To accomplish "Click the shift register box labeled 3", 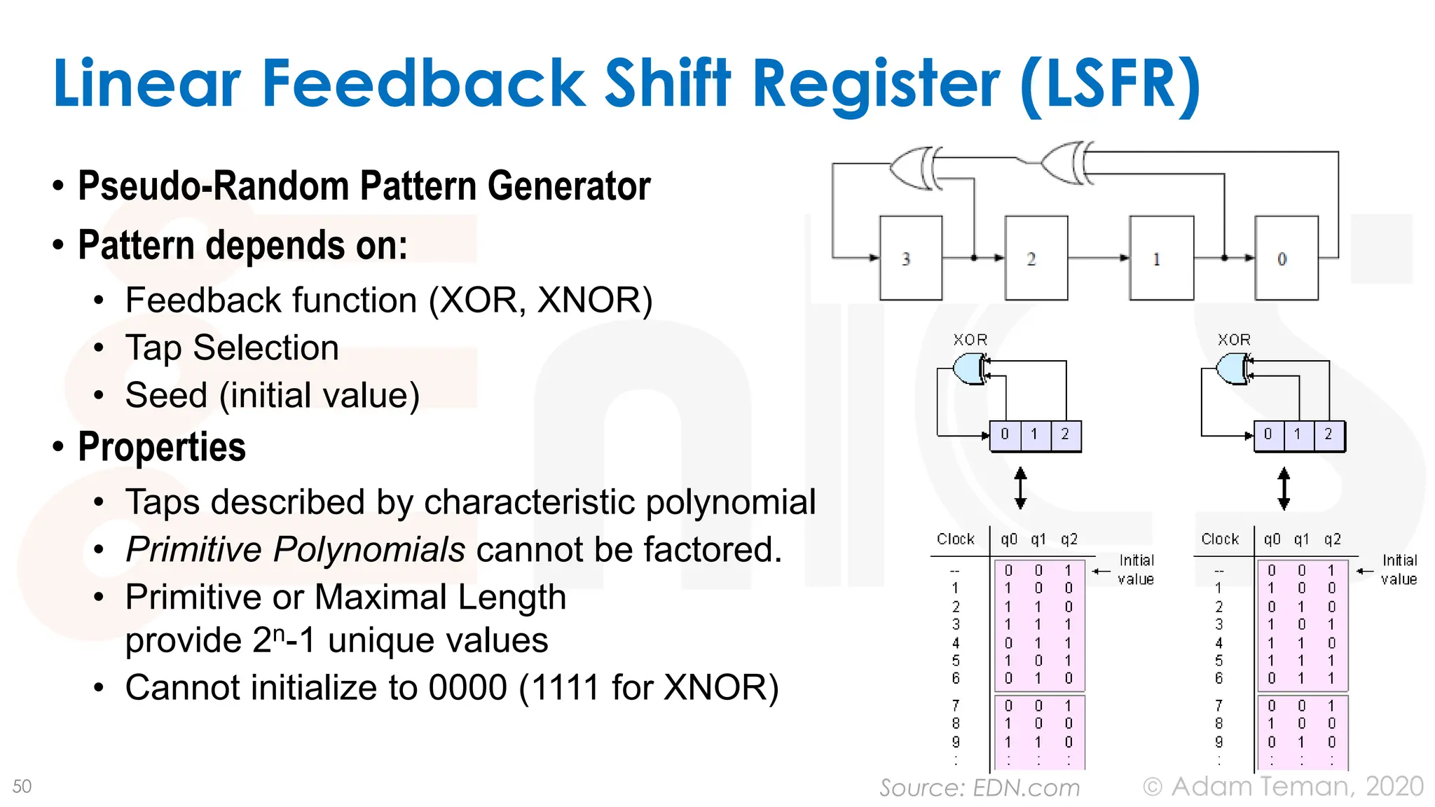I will pos(910,258).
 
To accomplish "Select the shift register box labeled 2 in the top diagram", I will pos(1036,258).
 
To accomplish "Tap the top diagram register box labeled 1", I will pos(1161,258).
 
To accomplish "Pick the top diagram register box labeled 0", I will pos(1286,258).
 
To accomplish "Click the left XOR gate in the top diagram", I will pos(915,168).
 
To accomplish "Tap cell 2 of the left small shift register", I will pos(1065,434).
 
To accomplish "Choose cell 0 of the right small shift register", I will pos(1268,434).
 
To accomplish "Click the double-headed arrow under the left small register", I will pos(1020,488).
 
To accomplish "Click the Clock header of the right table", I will pos(1220,539).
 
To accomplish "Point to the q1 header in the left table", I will pos(1038,539).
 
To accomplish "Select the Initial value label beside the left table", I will pos(1136,570).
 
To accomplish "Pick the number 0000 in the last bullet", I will pos(467,687).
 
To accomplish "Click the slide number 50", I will pos(22,786).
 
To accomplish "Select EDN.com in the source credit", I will pos(1026,788).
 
